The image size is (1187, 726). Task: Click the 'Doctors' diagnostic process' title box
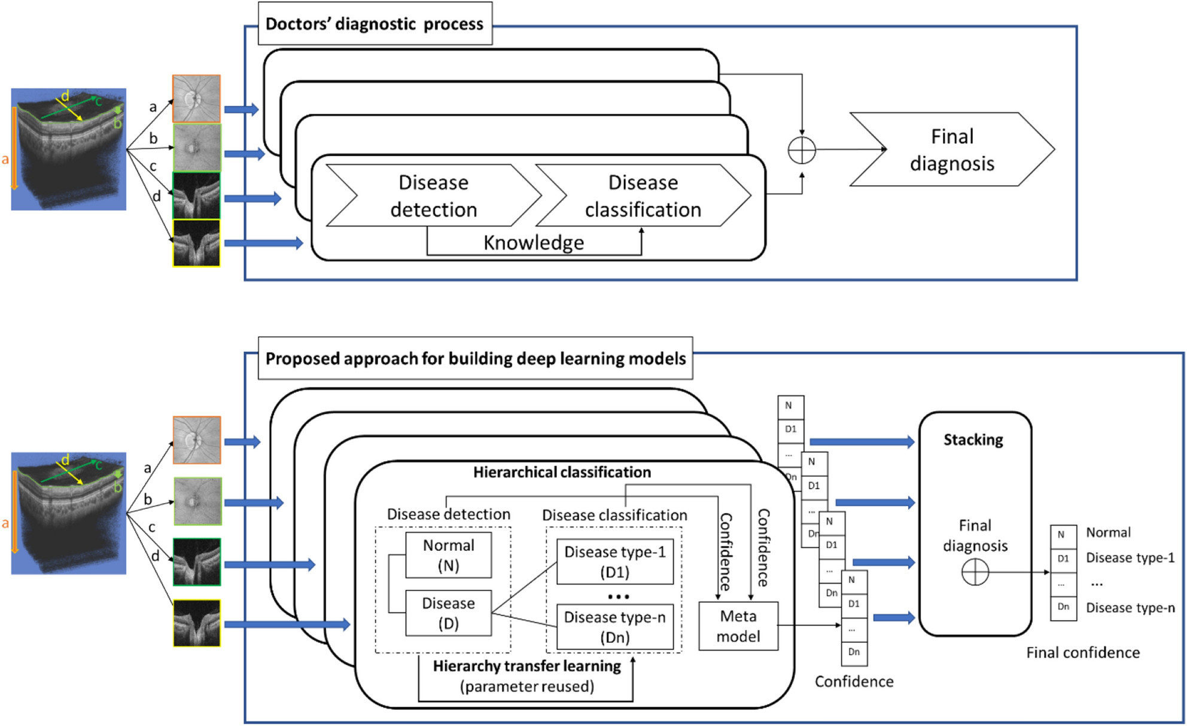coord(375,24)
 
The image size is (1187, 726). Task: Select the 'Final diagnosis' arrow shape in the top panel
coord(951,150)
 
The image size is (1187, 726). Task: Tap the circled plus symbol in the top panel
coord(802,150)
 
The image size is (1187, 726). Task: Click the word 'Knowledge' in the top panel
coord(534,243)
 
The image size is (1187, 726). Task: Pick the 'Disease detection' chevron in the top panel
coord(434,196)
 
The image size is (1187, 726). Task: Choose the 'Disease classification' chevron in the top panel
coord(643,196)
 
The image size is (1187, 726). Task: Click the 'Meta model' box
coord(738,626)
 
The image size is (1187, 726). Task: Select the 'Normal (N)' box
coord(449,555)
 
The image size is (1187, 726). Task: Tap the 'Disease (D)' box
coord(449,613)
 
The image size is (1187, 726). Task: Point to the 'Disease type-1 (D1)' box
coord(615,562)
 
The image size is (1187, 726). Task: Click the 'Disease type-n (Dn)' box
coord(615,627)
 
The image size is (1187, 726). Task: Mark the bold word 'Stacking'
coord(973,440)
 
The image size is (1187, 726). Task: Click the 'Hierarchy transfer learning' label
coord(526,666)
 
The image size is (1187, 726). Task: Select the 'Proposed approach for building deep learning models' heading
coord(476,359)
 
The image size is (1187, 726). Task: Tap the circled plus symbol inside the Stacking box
coord(975,572)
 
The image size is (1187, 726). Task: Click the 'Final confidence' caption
coord(1083,652)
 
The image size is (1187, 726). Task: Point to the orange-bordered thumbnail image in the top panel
coord(196,99)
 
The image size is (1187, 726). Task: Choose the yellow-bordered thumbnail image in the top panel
coord(196,243)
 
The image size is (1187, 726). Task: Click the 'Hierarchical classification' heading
coord(562,472)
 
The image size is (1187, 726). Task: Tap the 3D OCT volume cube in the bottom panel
coord(69,513)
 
